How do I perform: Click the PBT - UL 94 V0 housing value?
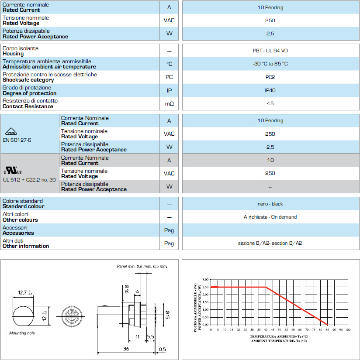click(x=270, y=51)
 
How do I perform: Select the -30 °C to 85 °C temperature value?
click(x=270, y=64)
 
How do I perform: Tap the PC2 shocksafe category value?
click(x=270, y=77)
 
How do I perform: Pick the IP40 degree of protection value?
click(x=270, y=90)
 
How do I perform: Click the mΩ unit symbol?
click(x=169, y=104)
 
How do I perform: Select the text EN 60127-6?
click(x=17, y=140)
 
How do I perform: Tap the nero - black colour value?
click(x=270, y=204)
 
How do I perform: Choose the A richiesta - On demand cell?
click(x=270, y=217)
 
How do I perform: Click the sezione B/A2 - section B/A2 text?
click(x=270, y=243)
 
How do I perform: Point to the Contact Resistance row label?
click(x=28, y=106)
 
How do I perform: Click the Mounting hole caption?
click(x=22, y=333)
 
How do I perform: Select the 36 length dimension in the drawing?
click(x=126, y=349)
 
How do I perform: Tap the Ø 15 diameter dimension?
click(x=167, y=313)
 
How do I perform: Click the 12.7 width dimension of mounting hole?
click(x=23, y=292)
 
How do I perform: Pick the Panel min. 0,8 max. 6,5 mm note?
click(x=142, y=266)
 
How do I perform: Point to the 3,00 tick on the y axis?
click(x=206, y=279)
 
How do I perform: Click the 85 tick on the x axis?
click(x=327, y=330)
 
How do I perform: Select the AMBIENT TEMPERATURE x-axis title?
click(x=279, y=341)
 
